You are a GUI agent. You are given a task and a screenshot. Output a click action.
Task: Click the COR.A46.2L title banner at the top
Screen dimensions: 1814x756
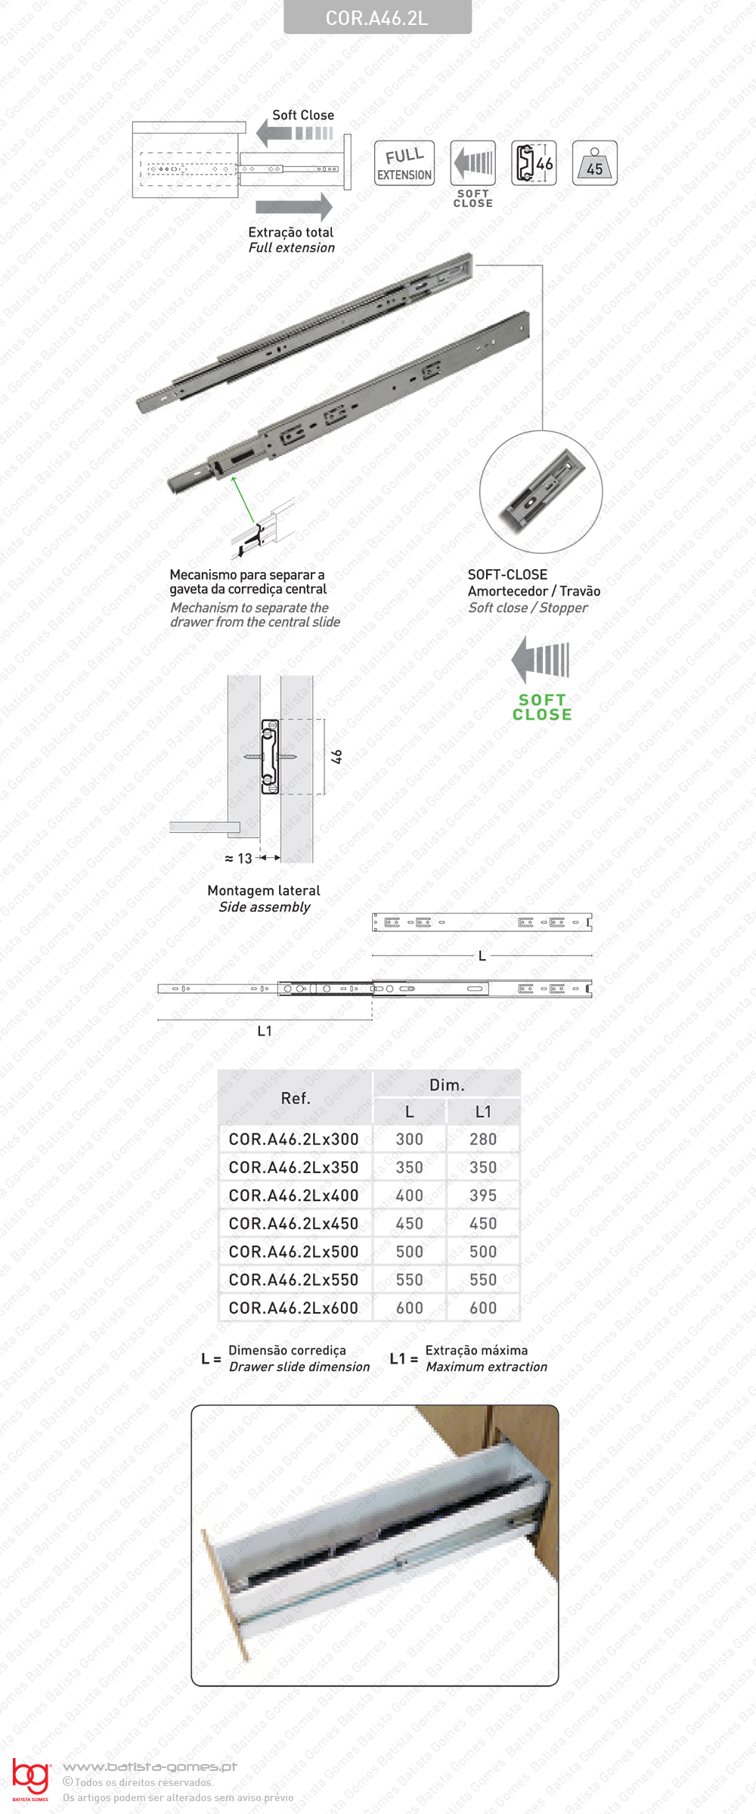coord(377,17)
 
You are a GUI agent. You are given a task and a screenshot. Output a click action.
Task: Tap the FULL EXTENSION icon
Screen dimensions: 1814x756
coord(404,163)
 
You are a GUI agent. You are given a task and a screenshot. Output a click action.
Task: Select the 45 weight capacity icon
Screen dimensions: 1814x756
coord(595,163)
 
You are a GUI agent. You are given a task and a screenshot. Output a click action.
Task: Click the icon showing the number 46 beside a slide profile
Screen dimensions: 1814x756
coord(534,163)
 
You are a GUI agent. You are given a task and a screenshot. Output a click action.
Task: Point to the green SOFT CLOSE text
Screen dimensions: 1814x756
coord(542,707)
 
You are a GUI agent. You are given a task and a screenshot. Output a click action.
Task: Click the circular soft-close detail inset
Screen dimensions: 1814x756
coord(541,492)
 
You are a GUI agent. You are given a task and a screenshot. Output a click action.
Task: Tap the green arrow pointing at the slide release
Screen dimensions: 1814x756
coord(243,498)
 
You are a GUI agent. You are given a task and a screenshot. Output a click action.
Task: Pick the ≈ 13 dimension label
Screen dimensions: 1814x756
coord(239,859)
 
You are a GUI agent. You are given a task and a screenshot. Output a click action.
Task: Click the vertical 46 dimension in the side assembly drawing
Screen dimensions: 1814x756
coord(337,757)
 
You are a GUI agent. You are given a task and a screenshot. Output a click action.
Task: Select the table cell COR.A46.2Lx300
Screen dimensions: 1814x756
coord(294,1139)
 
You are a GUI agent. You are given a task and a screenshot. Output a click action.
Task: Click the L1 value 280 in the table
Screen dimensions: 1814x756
coord(483,1139)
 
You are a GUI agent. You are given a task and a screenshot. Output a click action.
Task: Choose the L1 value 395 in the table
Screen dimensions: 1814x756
coord(483,1195)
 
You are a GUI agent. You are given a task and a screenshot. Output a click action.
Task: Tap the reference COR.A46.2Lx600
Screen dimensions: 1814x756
coord(294,1308)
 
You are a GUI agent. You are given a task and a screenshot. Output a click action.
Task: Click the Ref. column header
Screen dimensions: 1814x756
coord(296,1098)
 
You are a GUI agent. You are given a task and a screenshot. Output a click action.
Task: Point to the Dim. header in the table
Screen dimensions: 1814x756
coord(447,1085)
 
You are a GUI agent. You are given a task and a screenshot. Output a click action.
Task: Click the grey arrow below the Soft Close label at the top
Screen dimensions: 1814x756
coord(294,134)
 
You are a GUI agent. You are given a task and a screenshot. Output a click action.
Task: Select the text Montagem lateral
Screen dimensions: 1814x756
coord(264,890)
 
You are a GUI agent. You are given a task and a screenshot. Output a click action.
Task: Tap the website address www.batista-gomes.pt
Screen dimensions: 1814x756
coord(150,1766)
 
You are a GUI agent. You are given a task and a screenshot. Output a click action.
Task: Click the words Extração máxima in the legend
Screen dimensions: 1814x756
coord(476,1350)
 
